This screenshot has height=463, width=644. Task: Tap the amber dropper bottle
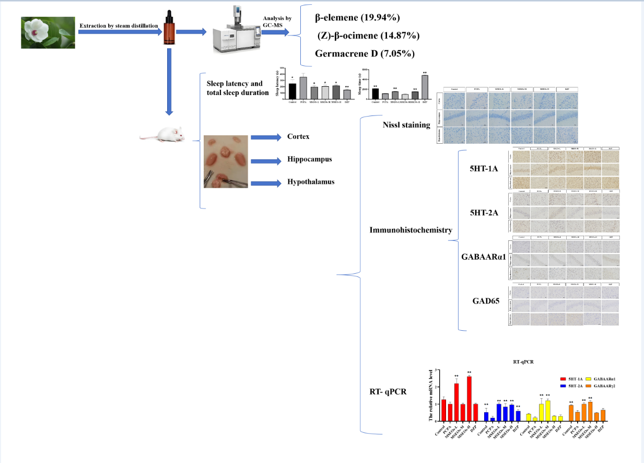pyautogui.click(x=168, y=27)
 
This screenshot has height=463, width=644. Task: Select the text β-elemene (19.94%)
pyautogui.click(x=357, y=18)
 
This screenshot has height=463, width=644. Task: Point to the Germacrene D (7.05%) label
pyautogui.click(x=358, y=53)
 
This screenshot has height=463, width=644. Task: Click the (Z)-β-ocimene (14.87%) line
pyautogui.click(x=368, y=36)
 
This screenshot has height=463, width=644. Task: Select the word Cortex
pyautogui.click(x=298, y=137)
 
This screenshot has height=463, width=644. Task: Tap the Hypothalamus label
pyautogui.click(x=311, y=182)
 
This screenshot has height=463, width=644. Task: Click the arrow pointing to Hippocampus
pyautogui.click(x=266, y=160)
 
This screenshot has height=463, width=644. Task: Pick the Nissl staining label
pyautogui.click(x=406, y=125)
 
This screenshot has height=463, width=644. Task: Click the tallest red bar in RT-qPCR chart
pyautogui.click(x=469, y=398)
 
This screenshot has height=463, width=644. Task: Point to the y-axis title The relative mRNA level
pyautogui.click(x=431, y=395)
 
